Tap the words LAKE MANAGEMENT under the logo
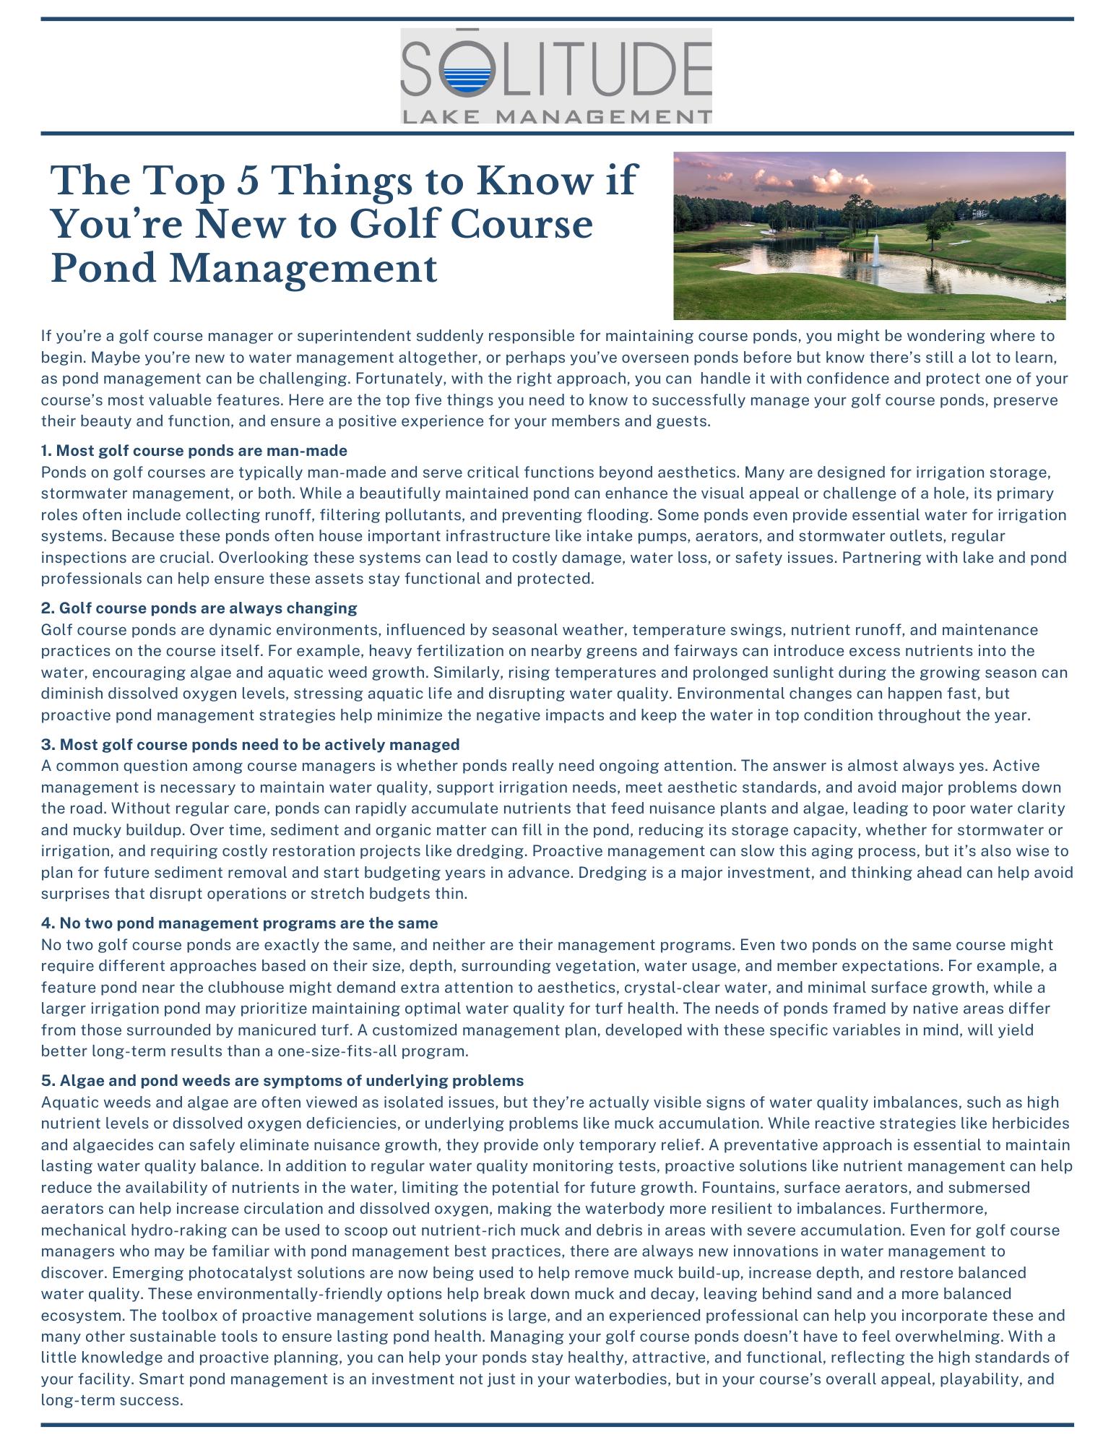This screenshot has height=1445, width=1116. point(556,116)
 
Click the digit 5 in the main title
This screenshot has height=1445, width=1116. point(247,180)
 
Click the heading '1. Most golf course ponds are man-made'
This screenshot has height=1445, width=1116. point(194,451)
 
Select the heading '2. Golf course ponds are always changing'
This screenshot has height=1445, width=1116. point(199,608)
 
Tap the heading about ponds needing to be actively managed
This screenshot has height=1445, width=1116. point(250,744)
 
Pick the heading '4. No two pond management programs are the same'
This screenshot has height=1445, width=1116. point(239,923)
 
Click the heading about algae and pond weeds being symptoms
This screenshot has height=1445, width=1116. point(282,1080)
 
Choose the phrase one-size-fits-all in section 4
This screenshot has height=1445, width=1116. point(337,1051)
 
